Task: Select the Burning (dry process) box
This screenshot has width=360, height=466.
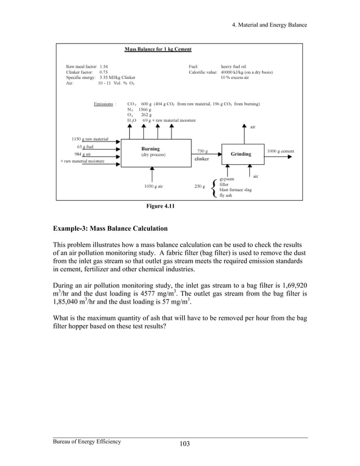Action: [x=154, y=152]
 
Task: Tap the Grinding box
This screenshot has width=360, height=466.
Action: [x=241, y=153]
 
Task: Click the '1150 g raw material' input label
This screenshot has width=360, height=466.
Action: [x=89, y=139]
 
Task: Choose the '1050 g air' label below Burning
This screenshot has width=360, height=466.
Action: [x=153, y=186]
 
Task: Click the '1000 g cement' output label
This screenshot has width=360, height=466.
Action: [x=280, y=151]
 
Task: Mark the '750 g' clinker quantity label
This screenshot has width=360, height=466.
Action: [x=202, y=151]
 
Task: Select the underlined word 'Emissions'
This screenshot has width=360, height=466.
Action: [x=104, y=104]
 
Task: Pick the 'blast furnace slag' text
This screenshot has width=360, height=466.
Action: [x=235, y=190]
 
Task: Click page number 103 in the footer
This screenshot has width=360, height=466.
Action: [x=184, y=443]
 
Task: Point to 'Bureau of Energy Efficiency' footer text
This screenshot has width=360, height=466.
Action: [x=87, y=441]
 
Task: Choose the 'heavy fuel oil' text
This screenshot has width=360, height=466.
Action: [x=234, y=66]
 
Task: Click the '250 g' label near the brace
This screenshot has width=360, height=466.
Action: [x=200, y=186]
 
